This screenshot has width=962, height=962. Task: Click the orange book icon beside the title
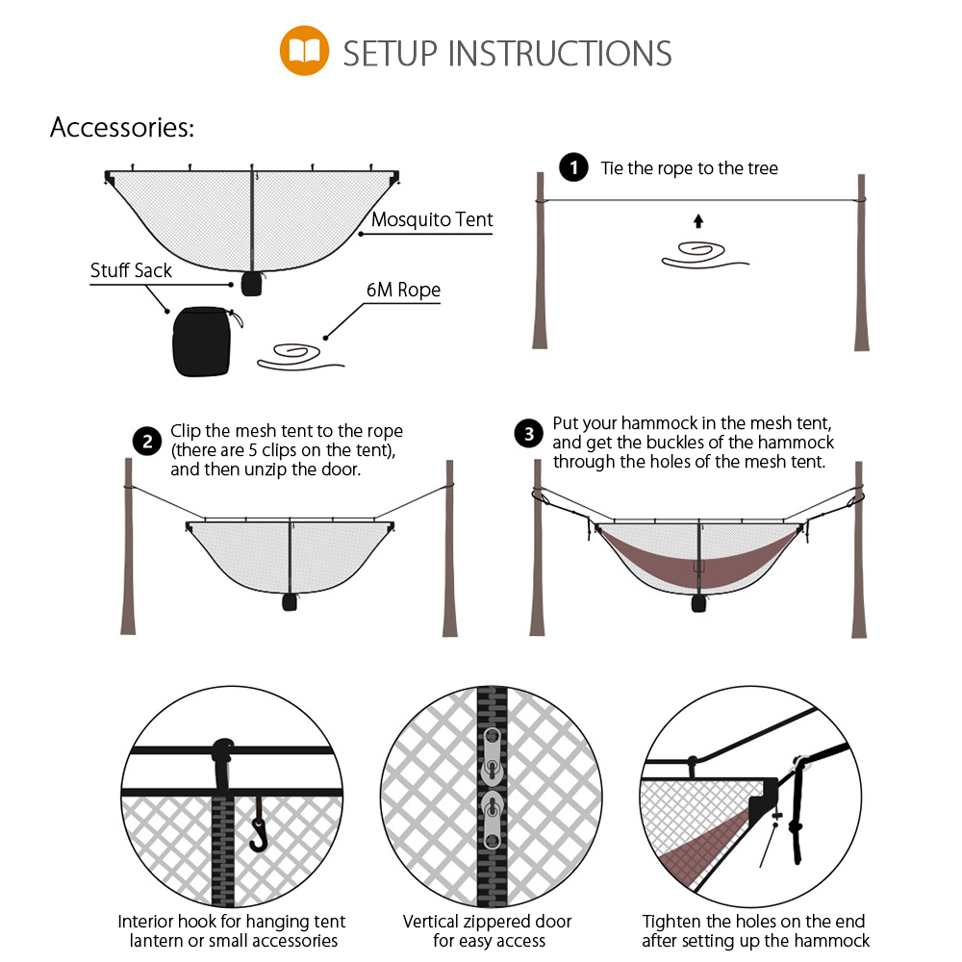pyautogui.click(x=304, y=50)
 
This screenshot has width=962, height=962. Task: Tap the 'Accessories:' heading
pyautogui.click(x=122, y=128)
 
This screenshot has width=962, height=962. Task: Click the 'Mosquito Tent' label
pyautogui.click(x=432, y=219)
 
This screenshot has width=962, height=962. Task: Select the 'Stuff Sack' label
pyautogui.click(x=131, y=270)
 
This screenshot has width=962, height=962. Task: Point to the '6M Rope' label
pyautogui.click(x=403, y=290)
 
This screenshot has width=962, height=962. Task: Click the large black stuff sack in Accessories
pyautogui.click(x=202, y=342)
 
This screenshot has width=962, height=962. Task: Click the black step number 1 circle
pyautogui.click(x=573, y=167)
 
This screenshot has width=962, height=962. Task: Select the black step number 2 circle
pyautogui.click(x=147, y=442)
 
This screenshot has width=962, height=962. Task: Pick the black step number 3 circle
pyautogui.click(x=529, y=434)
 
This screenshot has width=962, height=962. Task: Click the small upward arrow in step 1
pyautogui.click(x=698, y=221)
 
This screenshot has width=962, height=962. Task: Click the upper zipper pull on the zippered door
pyautogui.click(x=492, y=756)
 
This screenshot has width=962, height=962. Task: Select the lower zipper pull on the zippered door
pyautogui.click(x=492, y=820)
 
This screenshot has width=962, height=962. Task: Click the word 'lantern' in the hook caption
pyautogui.click(x=157, y=941)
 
